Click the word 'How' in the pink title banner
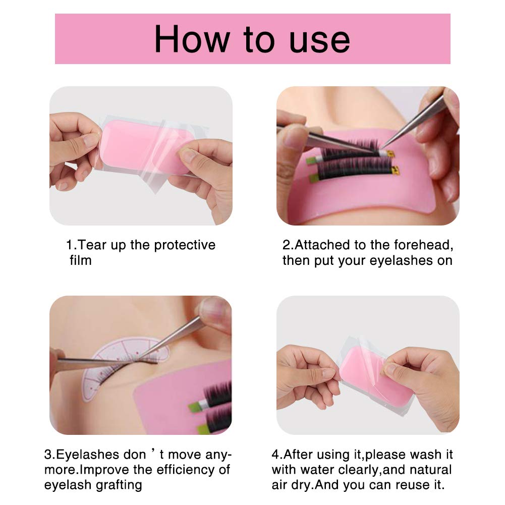(192, 39)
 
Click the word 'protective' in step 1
(185, 246)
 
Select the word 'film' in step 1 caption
(81, 260)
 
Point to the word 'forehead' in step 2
(423, 245)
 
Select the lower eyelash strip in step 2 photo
(354, 171)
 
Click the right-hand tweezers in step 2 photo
(414, 126)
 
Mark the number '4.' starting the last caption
(277, 455)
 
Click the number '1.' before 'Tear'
(71, 245)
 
